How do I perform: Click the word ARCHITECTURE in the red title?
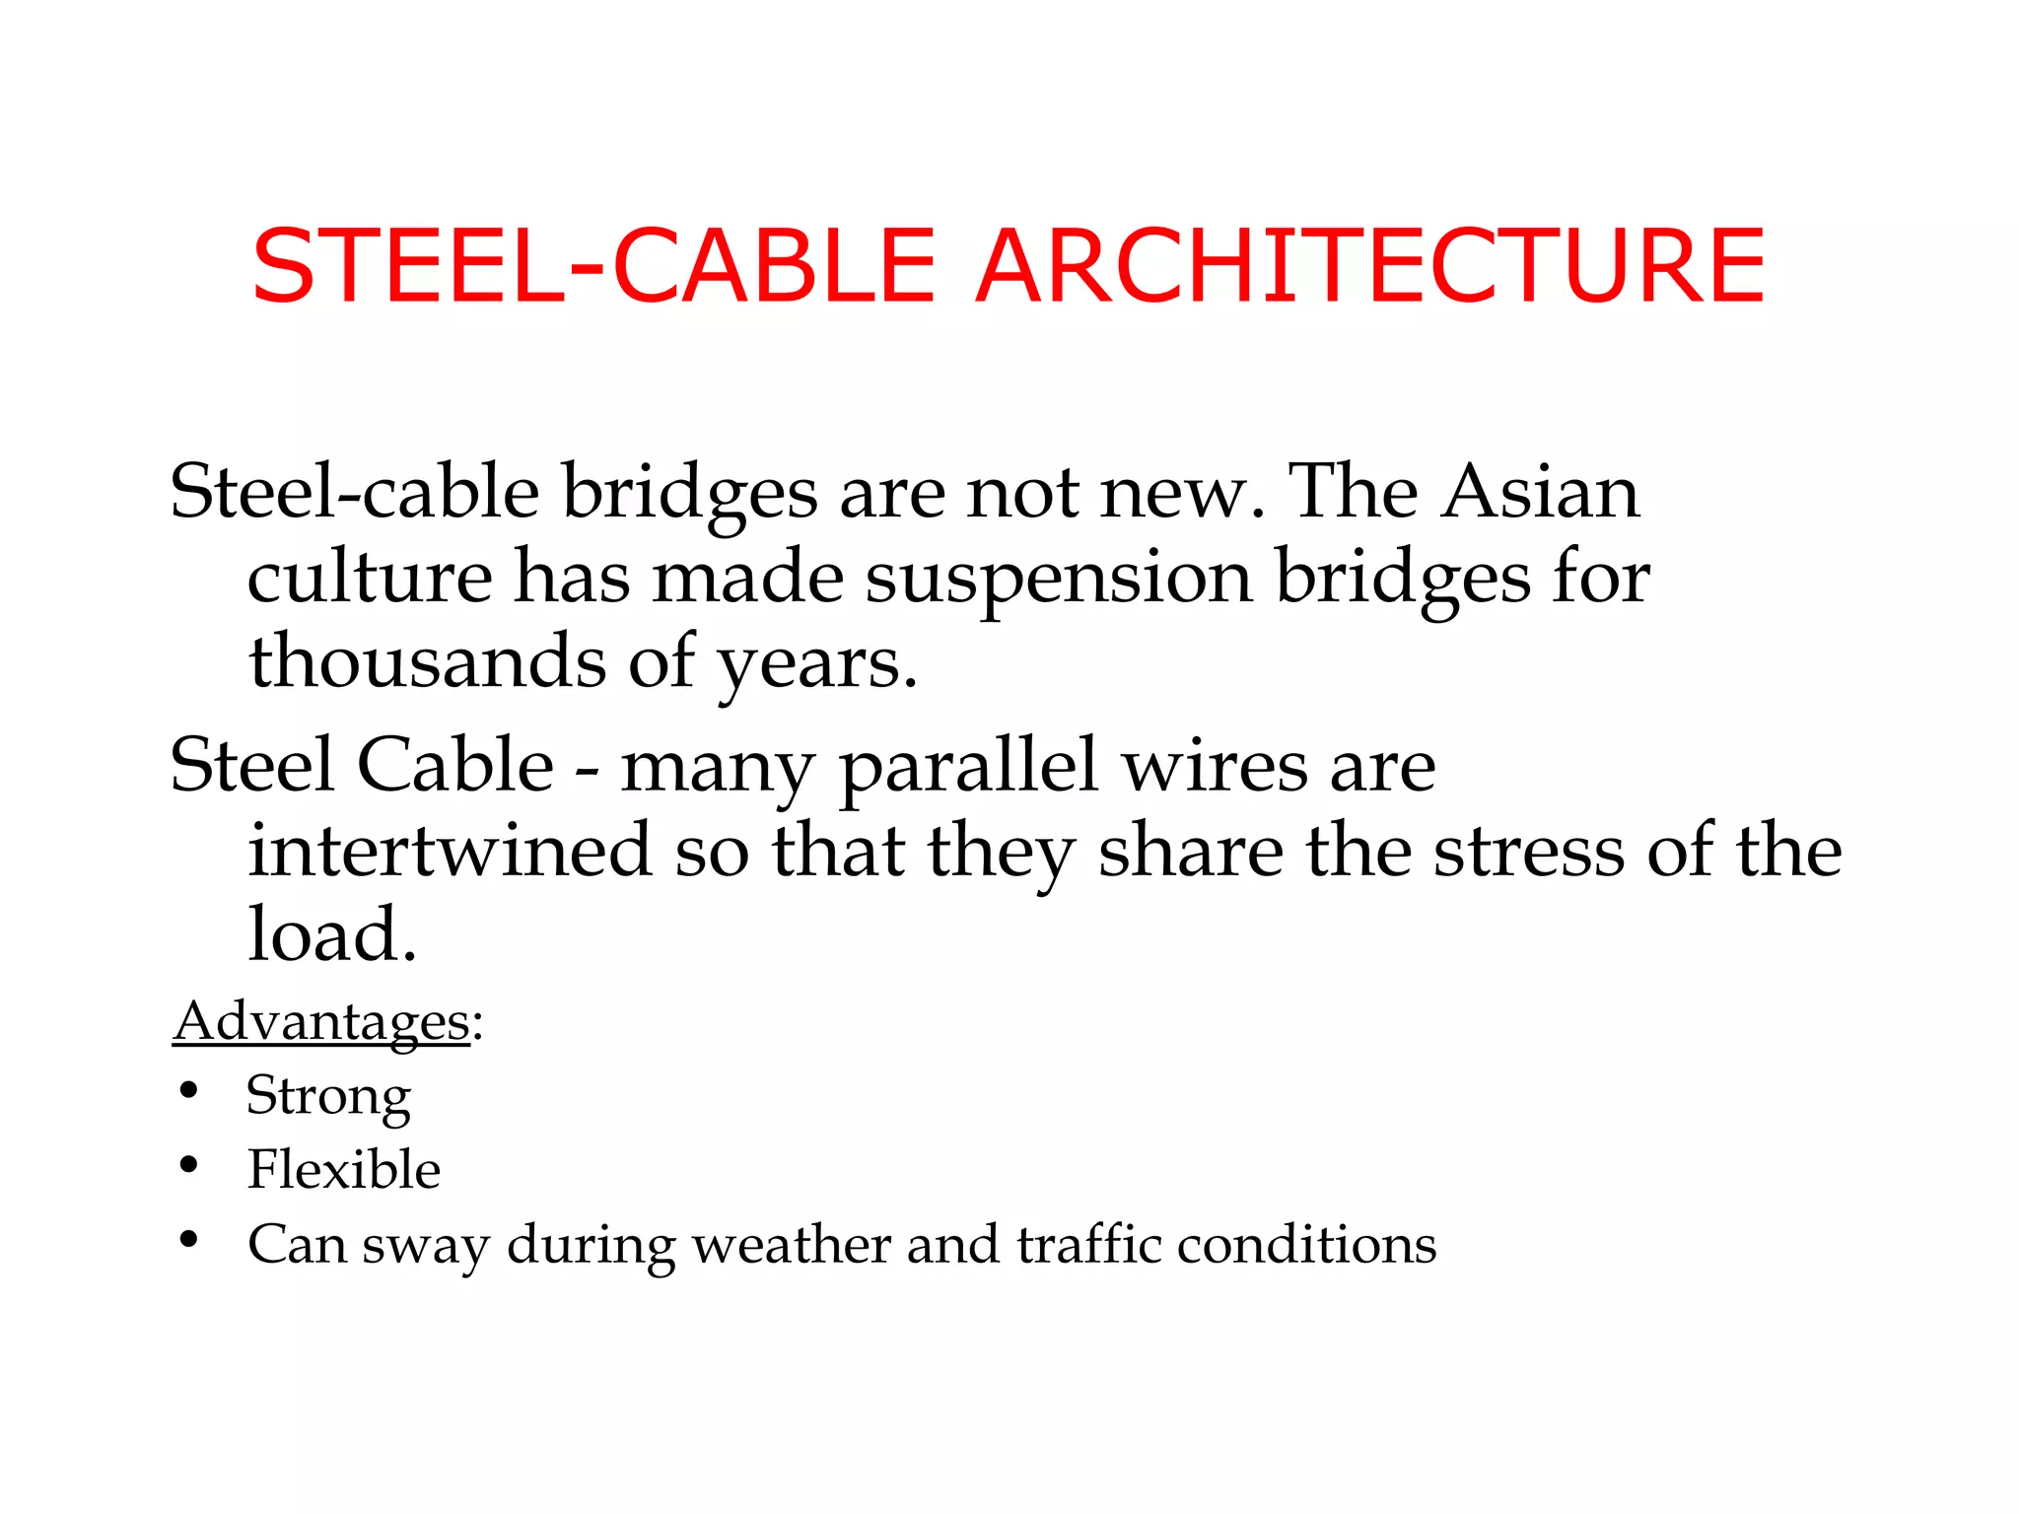coord(1370,266)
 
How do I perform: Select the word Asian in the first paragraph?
coord(1540,492)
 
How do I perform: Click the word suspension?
coord(1059,578)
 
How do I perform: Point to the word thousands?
coord(427,661)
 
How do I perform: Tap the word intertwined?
coord(450,851)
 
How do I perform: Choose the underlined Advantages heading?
coord(321,1022)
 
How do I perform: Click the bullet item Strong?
coord(328,1096)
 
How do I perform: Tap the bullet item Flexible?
coord(343,1170)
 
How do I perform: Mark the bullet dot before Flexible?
coord(189,1166)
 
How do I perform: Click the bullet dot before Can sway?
coord(189,1240)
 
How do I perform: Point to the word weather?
coord(792,1245)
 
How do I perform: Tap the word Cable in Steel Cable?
coord(454,766)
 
